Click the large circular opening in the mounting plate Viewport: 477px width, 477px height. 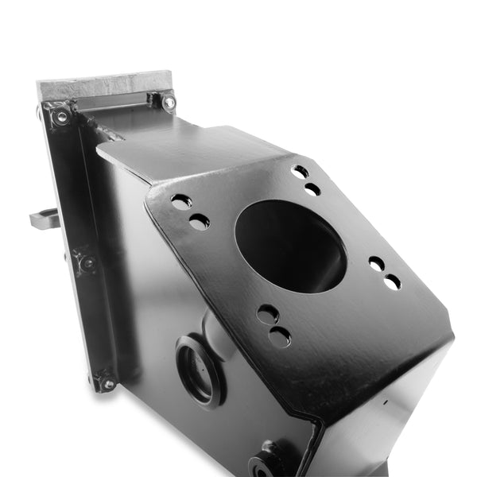tap(291, 246)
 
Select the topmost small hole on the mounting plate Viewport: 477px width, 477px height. tap(300, 171)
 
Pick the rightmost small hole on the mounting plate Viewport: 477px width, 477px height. tap(392, 281)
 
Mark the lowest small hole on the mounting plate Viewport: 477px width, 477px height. tap(279, 337)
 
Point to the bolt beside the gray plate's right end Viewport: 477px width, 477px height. tap(169, 102)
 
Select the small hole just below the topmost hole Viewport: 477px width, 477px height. tap(312, 189)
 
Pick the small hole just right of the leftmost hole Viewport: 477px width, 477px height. tap(199, 222)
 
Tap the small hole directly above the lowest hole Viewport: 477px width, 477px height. tap(268, 313)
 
